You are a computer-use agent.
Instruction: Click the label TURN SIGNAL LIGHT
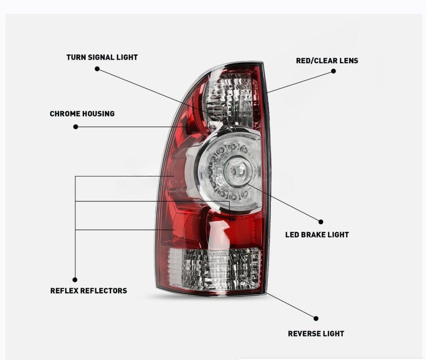pyautogui.click(x=102, y=57)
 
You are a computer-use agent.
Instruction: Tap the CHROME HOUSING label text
pyautogui.click(x=82, y=114)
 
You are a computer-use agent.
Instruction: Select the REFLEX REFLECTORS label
pyautogui.click(x=88, y=291)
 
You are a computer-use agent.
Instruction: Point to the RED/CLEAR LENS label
pyautogui.click(x=327, y=61)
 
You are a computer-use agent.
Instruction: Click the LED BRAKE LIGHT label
pyautogui.click(x=317, y=235)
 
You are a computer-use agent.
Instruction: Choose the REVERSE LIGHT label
pyautogui.click(x=316, y=334)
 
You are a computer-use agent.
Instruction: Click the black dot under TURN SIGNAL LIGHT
pyautogui.click(x=97, y=69)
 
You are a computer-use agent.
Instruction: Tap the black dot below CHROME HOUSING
pyautogui.click(x=76, y=127)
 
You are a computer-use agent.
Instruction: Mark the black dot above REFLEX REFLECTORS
pyautogui.click(x=75, y=280)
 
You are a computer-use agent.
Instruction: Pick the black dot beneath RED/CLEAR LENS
pyautogui.click(x=333, y=71)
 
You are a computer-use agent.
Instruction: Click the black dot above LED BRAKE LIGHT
pyautogui.click(x=321, y=222)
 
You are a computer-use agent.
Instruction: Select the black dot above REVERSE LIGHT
pyautogui.click(x=316, y=318)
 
